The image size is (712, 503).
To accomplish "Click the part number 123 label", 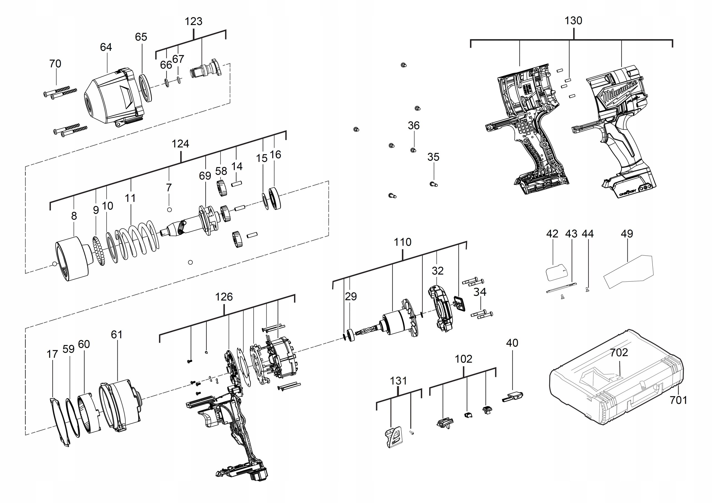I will pos(193,21).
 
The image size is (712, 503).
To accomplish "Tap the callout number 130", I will pos(573,21).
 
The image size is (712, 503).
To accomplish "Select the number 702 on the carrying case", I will pos(619,352).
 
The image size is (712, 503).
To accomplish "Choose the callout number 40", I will pos(512,343).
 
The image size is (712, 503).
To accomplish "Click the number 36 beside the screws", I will pos(413,126).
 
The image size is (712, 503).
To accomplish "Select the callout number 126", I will pos(224,297).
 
